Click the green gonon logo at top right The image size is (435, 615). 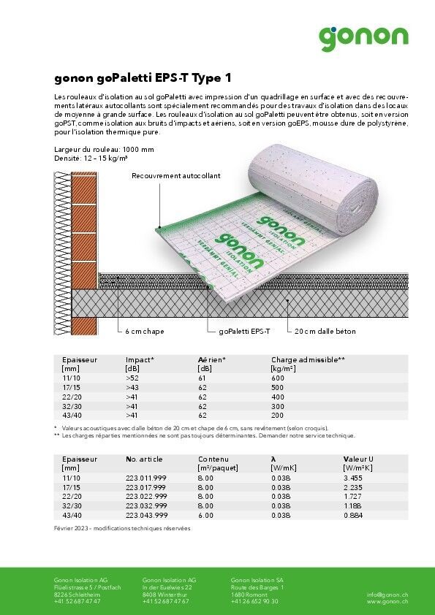point(363,37)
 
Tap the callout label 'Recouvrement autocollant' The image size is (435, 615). point(175,176)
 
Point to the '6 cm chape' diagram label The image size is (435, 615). point(144,332)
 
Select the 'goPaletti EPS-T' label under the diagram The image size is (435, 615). point(244,332)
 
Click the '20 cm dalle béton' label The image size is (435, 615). point(325,332)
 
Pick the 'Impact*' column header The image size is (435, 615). point(140,360)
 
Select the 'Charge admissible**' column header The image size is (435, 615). point(308,360)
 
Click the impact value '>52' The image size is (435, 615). point(132,378)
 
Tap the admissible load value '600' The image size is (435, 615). point(277,378)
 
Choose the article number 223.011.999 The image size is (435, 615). point(145,477)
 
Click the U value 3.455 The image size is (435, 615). point(353,477)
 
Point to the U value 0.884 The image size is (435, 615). point(353,515)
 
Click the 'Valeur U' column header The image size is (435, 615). point(359,459)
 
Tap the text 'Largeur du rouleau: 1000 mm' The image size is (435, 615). point(104,150)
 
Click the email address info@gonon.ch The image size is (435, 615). point(387,595)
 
